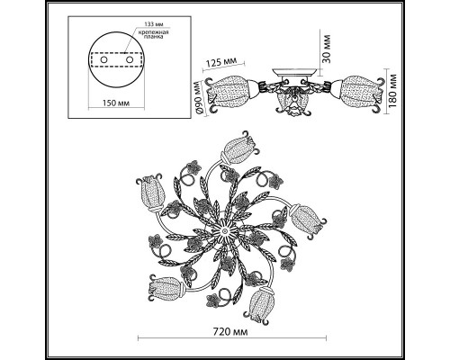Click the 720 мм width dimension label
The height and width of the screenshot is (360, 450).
coord(230,332)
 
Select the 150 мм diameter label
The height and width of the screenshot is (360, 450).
coord(116,103)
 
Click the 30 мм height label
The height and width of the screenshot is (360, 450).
coord(327,49)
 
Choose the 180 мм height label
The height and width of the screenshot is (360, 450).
coord(393,91)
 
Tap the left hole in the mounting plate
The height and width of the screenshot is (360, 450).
coord(103,59)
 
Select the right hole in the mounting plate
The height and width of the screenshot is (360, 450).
coord(130,59)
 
